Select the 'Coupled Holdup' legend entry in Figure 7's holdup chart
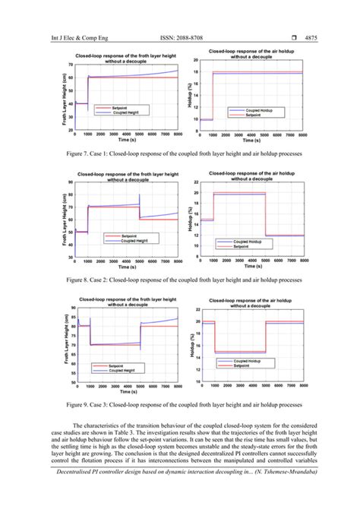[255, 111]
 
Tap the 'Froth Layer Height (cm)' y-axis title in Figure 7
[58, 98]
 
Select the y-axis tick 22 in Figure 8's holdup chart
[197, 183]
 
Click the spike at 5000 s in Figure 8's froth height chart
[140, 200]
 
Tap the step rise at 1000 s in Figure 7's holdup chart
[213, 95]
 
